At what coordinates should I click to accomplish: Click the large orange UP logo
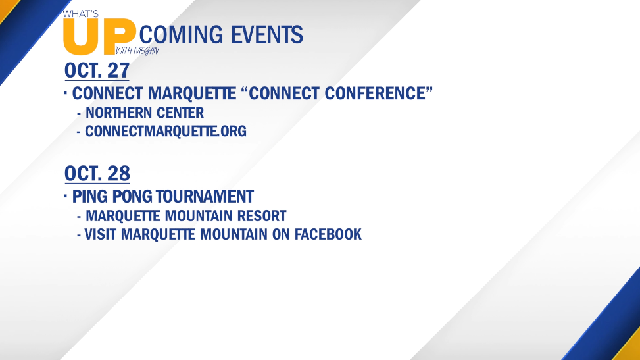(99, 38)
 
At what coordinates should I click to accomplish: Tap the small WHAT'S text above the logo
(81, 14)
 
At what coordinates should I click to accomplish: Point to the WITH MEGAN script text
(137, 51)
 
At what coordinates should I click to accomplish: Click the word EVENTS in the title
(267, 34)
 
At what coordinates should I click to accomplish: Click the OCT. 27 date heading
(97, 70)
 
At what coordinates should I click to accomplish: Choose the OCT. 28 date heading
(97, 173)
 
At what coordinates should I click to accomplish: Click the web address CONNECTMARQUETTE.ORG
(166, 131)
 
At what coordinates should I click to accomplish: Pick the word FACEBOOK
(328, 234)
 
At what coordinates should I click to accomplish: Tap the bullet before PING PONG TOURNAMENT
(65, 196)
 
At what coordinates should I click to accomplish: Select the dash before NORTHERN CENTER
(79, 113)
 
